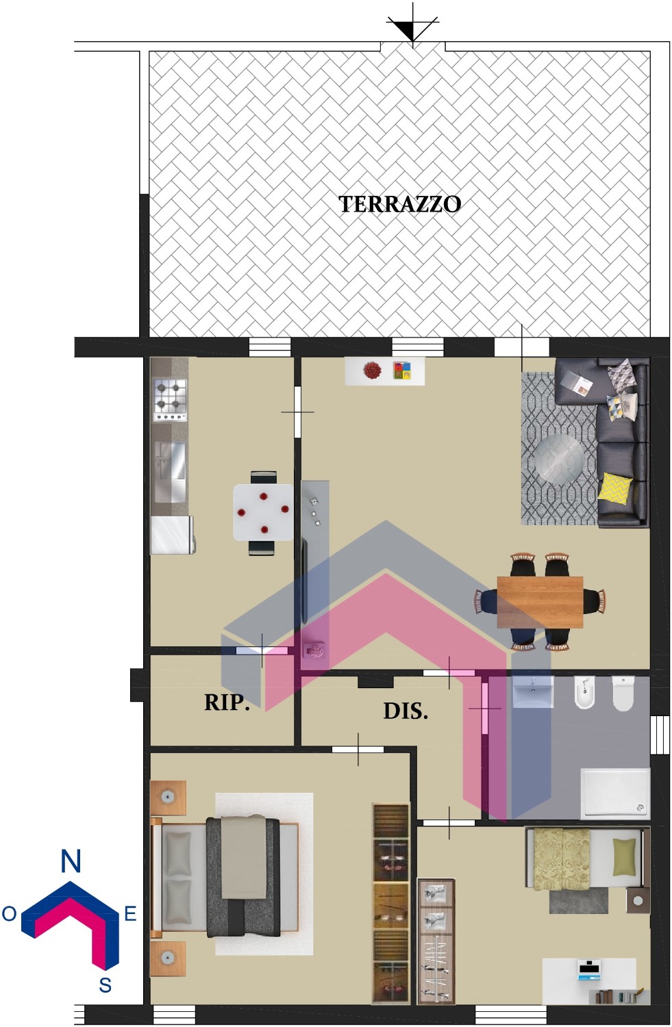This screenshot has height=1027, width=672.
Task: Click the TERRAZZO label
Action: [399, 205]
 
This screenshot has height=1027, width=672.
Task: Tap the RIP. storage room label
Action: [227, 702]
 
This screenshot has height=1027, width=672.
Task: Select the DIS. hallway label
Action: [406, 711]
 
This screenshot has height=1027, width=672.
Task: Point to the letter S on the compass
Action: [105, 985]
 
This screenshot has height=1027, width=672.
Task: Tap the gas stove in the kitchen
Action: [170, 400]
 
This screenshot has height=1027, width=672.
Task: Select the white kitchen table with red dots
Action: [263, 513]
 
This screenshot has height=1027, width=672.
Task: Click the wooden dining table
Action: [540, 602]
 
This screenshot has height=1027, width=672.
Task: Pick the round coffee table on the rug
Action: [559, 459]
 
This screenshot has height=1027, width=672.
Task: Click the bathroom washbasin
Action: [532, 692]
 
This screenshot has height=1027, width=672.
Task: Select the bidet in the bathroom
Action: [585, 692]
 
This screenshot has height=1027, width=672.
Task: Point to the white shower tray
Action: [615, 794]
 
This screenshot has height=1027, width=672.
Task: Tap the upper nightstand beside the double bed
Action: [168, 798]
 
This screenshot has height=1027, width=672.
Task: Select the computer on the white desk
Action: [589, 969]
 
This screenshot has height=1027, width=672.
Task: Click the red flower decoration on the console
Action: [372, 370]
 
